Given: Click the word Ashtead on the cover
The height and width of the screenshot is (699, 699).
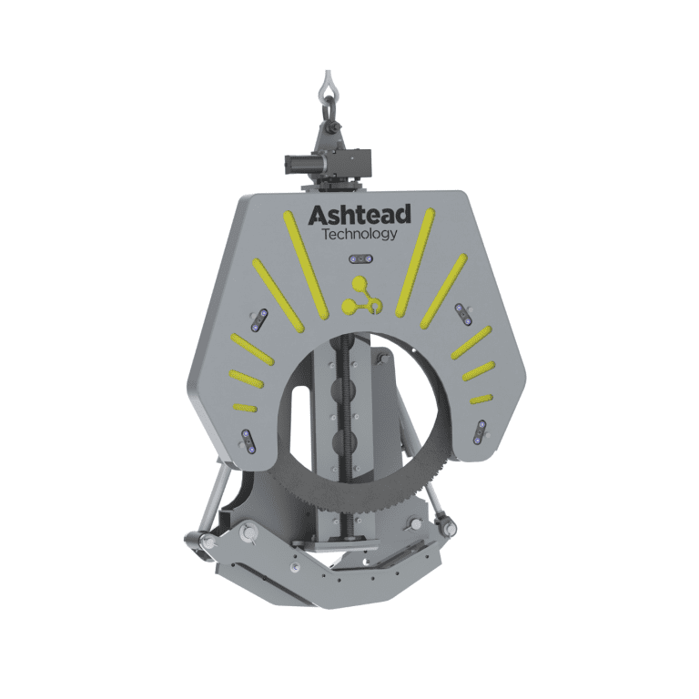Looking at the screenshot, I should [x=360, y=217].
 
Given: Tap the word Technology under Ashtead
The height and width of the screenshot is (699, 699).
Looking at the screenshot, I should [x=360, y=235].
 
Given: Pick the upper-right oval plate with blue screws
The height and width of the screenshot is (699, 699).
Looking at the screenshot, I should [x=462, y=313].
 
